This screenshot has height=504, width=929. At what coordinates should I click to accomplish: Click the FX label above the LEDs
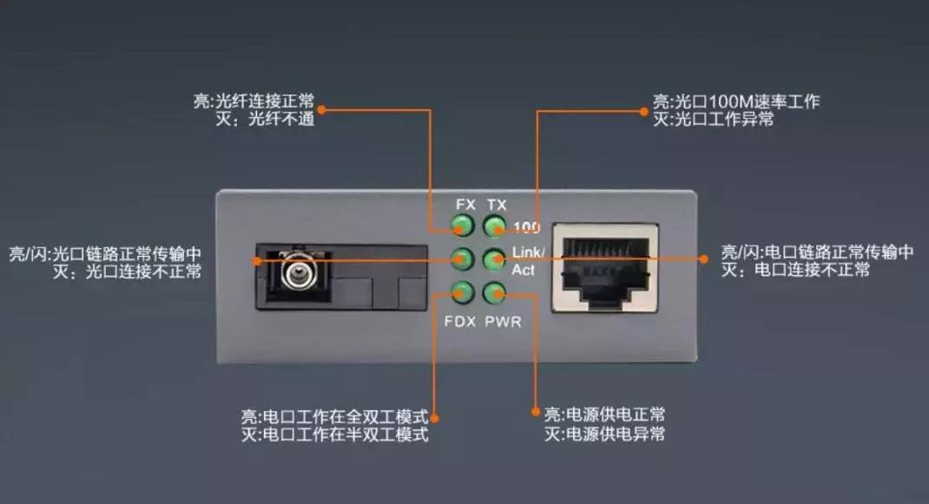pos(466,205)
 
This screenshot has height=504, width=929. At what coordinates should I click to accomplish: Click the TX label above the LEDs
pos(497,205)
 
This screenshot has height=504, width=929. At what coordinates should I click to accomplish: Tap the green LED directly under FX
pos(463,227)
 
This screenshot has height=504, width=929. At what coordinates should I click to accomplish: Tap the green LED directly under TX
pos(494,227)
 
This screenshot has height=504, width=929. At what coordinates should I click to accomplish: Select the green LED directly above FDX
pos(463,292)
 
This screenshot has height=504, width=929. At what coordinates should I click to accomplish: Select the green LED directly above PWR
pos(494,292)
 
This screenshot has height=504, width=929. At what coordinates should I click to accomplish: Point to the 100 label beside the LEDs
pos(526,228)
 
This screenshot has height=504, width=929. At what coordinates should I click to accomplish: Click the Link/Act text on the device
pos(527,260)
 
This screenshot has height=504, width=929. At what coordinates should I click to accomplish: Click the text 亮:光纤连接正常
pos(254,101)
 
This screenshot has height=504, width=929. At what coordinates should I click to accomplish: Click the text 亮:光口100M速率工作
pos(735,101)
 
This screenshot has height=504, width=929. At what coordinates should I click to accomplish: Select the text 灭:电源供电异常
pos(605,434)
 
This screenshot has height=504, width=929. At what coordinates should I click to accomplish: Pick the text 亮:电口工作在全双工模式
pos(334,416)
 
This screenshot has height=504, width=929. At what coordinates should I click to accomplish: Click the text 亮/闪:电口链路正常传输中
pos(817,252)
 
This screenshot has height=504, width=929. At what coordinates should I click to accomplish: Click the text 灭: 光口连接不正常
pos(126,272)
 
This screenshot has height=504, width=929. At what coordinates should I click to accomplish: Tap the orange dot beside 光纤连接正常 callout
pos(321,110)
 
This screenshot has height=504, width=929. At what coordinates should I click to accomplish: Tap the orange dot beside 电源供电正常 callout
pos(535,415)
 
